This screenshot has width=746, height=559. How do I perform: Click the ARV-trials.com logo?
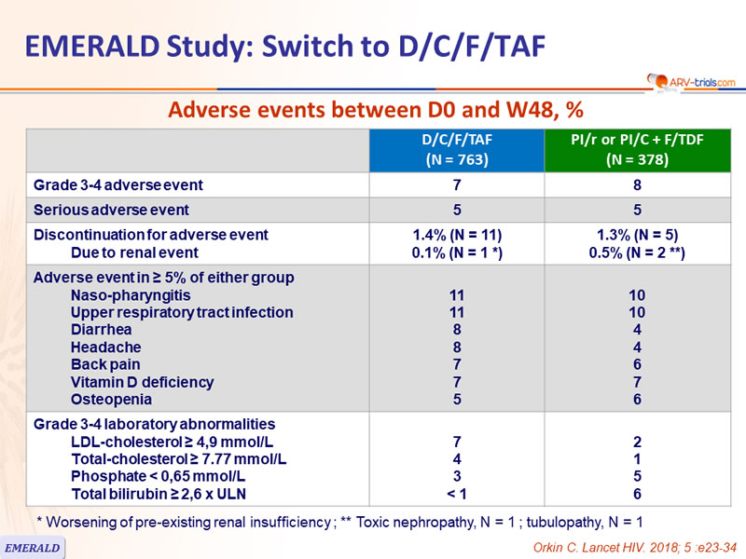coord(691,82)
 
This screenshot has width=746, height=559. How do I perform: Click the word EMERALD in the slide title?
coord(91,46)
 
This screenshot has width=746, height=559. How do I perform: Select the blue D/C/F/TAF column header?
coord(457,150)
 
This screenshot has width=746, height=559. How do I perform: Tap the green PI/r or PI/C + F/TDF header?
coord(638,150)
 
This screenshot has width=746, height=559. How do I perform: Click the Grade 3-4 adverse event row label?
coord(118,184)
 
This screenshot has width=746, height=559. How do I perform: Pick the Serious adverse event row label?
coord(111,210)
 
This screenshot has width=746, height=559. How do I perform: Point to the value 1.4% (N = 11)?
coord(457,235)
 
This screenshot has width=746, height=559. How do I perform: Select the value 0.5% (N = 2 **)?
coord(637,252)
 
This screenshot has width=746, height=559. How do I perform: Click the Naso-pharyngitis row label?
coord(131,295)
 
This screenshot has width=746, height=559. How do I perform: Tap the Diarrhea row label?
coord(102,330)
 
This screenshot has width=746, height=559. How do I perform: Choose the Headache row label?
coord(106,347)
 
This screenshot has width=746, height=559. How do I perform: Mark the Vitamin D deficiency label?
coord(143,382)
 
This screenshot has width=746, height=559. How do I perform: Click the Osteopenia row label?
coord(111,400)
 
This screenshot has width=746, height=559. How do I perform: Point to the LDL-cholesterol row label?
coord(173,442)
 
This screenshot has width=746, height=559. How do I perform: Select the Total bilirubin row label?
coord(159,494)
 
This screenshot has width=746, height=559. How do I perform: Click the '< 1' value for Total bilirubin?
coord(457,494)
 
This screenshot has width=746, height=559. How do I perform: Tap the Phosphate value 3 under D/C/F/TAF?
coord(457,476)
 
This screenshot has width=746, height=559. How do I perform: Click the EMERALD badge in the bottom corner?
coord(33,548)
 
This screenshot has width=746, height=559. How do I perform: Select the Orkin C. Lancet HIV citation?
coord(635,548)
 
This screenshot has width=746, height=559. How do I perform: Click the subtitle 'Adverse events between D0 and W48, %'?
coord(376,110)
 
